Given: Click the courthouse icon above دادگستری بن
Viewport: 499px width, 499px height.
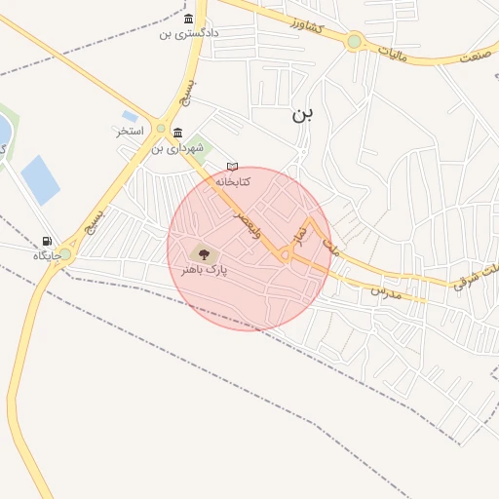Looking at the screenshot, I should [x=188, y=19].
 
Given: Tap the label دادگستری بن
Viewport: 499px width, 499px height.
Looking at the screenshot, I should [x=189, y=33].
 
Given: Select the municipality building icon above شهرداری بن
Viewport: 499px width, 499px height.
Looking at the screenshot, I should [x=176, y=134].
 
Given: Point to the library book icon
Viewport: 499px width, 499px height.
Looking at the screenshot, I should [x=232, y=167].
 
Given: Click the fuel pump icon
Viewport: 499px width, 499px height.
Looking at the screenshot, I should [x=47, y=241].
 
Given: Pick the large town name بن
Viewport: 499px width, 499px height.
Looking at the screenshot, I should [x=303, y=114].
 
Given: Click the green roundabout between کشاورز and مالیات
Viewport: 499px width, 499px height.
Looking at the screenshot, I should [x=354, y=42].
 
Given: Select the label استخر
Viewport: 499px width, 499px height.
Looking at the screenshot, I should [x=130, y=131].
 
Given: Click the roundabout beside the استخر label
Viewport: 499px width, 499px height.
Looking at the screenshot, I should [x=161, y=129].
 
